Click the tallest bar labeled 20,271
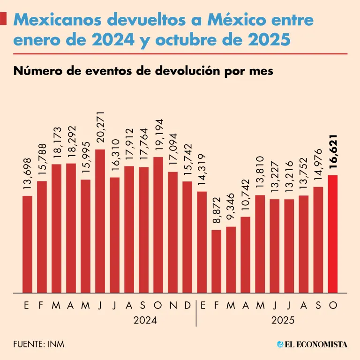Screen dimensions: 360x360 coord(100,220)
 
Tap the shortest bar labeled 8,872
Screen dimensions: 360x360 coord(217,261)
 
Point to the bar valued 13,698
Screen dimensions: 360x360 coord(27,244)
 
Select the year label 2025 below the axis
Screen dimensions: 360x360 coord(274,321)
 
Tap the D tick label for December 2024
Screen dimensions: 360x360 coord(187,306)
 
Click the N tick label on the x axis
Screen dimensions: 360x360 coord(172,306)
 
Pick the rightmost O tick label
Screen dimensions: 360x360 coord(333,306)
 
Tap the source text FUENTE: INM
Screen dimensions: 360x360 coord(39,345)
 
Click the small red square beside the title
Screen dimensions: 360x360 coord(4,19)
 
